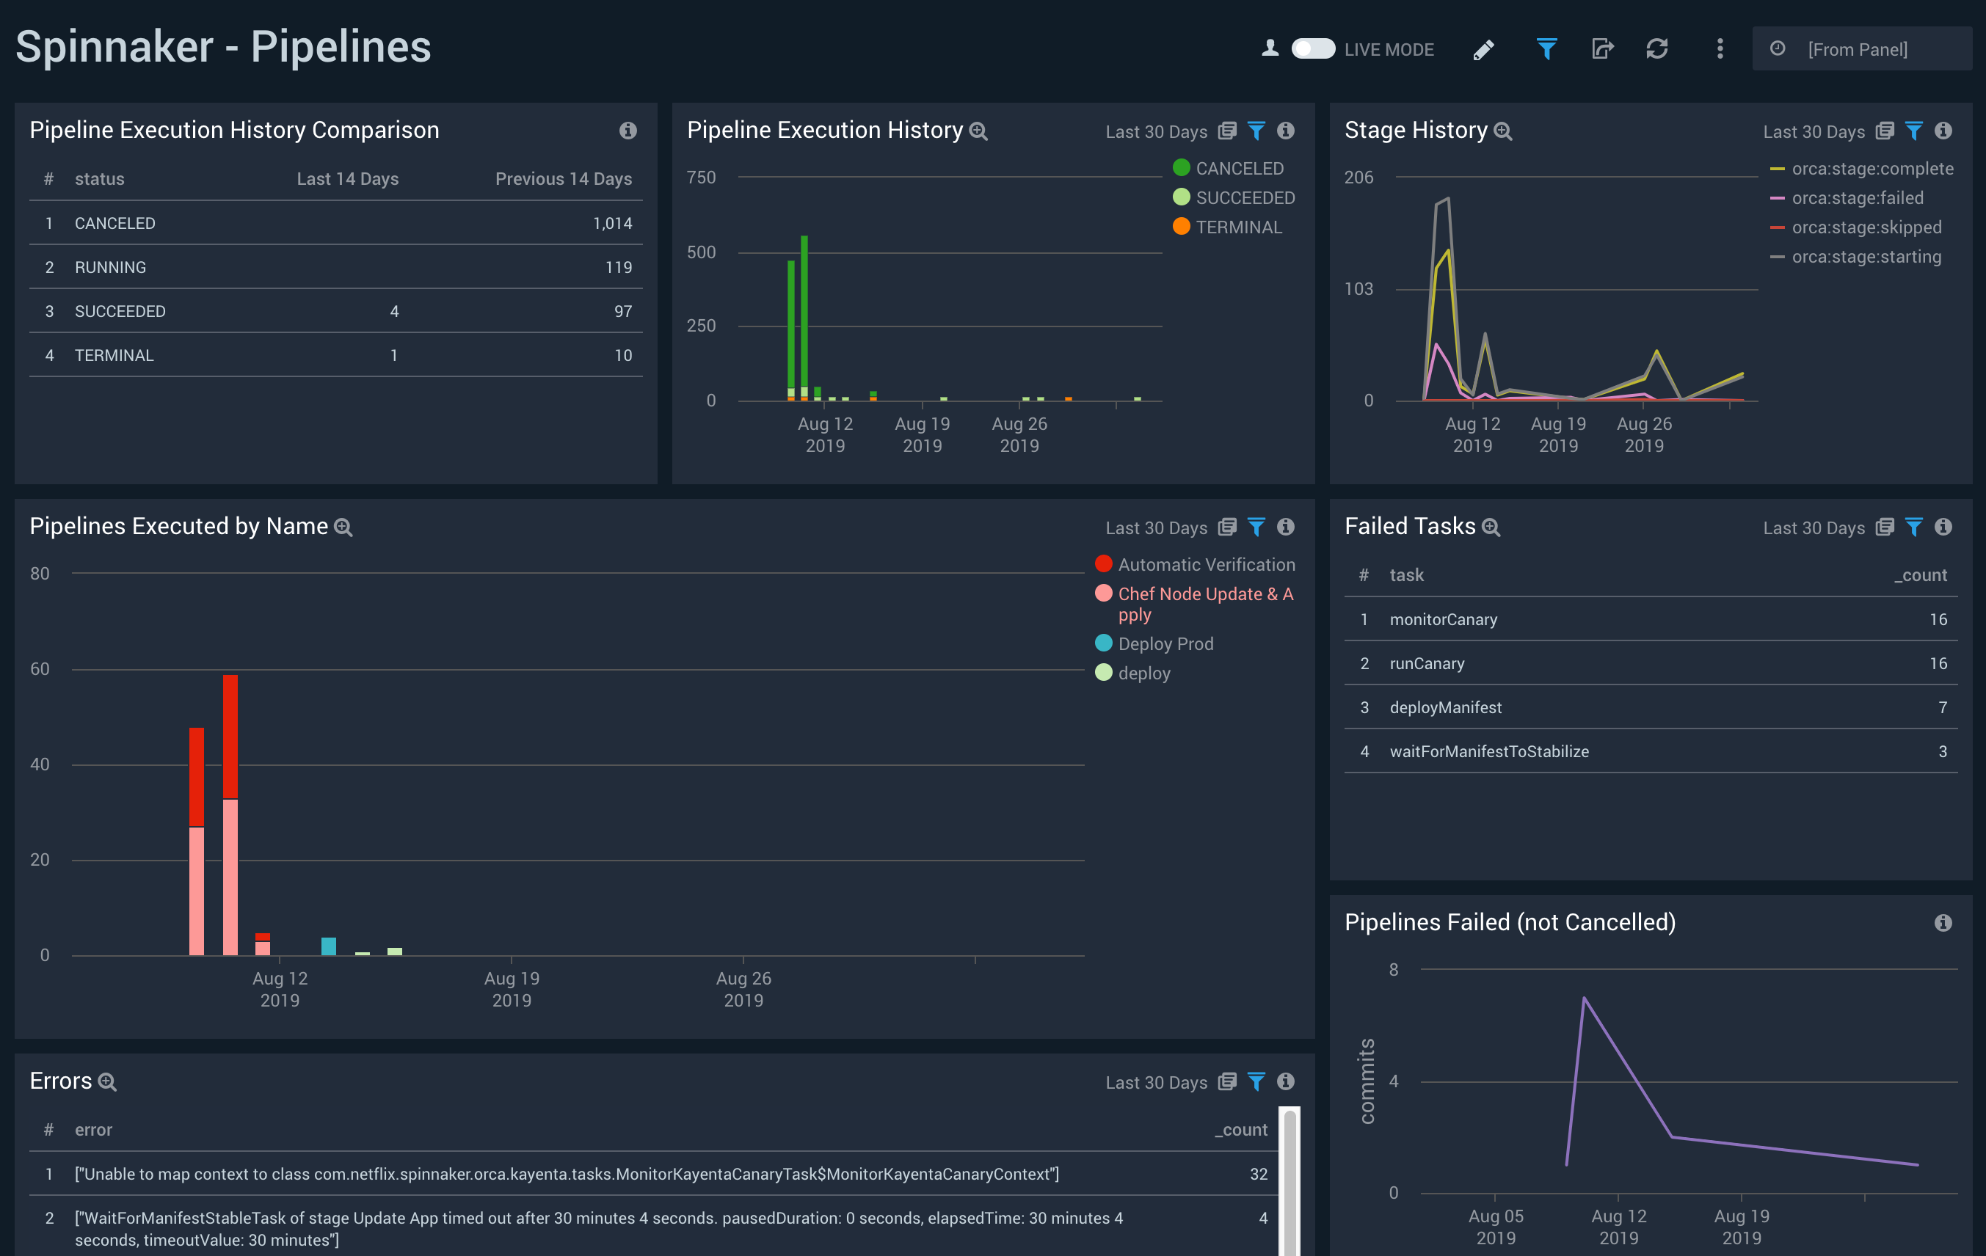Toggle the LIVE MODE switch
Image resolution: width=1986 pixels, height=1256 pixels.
click(1312, 48)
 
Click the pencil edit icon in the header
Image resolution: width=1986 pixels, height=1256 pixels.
click(1483, 49)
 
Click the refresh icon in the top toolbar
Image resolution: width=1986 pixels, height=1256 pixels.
click(1657, 48)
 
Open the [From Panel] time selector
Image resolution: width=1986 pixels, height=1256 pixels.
click(1858, 49)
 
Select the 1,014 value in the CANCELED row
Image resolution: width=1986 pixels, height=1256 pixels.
click(612, 224)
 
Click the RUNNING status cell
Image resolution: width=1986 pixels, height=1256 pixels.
click(111, 267)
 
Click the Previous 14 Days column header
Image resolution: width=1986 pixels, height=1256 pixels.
click(564, 179)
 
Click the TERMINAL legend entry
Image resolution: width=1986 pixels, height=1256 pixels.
click(1238, 227)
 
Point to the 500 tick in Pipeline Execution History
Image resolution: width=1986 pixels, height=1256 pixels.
click(701, 252)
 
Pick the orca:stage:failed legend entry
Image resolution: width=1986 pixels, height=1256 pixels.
click(1857, 198)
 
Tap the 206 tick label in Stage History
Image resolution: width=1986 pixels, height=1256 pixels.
click(1358, 178)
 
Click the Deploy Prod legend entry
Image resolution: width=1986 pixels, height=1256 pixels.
click(1165, 643)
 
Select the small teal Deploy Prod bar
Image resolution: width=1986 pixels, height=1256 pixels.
click(328, 946)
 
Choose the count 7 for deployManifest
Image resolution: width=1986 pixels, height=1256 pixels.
click(1942, 707)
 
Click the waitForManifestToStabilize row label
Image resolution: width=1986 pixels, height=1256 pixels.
click(1488, 751)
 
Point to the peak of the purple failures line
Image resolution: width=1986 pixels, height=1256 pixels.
click(1585, 998)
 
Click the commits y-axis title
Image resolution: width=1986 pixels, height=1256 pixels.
click(1367, 1081)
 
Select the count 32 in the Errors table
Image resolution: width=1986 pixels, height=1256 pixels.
click(1258, 1174)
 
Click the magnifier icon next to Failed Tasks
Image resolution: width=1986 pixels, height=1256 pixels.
click(1491, 527)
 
